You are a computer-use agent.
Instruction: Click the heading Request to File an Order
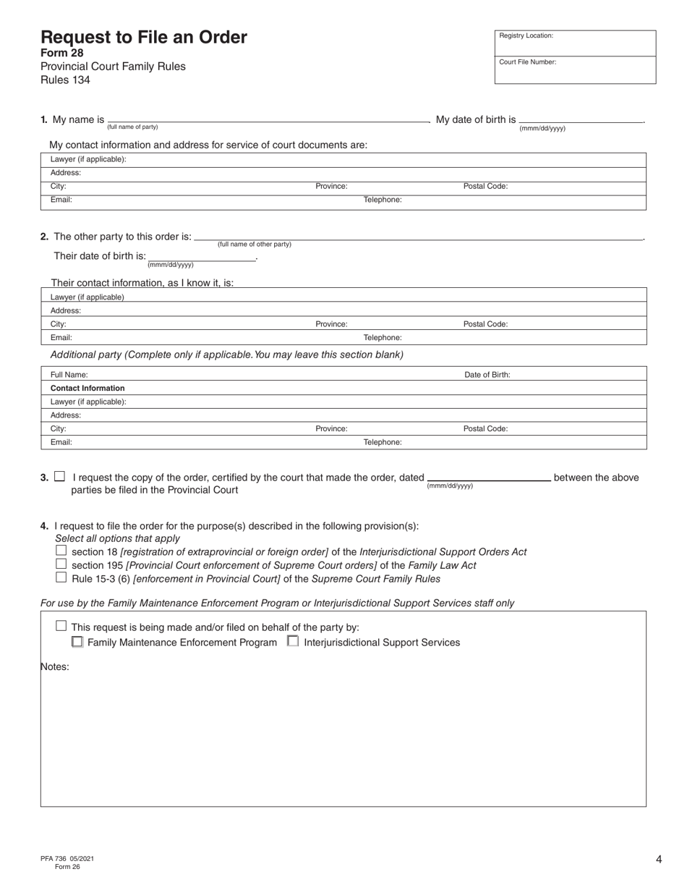click(x=144, y=38)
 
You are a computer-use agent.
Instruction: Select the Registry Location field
click(x=575, y=43)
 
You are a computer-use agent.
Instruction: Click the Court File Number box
click(x=575, y=69)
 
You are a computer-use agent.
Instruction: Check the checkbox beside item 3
click(x=60, y=476)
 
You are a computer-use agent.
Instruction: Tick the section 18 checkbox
click(x=61, y=551)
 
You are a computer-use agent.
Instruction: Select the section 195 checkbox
click(x=61, y=564)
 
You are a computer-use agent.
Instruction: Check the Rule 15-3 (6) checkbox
click(x=61, y=577)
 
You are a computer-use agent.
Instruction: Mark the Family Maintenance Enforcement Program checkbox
click(x=77, y=642)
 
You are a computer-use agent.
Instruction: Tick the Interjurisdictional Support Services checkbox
click(x=293, y=640)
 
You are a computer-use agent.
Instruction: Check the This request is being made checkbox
click(x=61, y=626)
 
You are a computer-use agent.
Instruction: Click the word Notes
click(x=55, y=666)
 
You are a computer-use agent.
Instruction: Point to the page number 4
click(x=659, y=860)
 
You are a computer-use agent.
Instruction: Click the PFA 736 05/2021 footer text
click(x=67, y=858)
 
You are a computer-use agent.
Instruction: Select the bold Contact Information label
click(x=88, y=388)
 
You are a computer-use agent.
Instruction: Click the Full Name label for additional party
click(x=69, y=375)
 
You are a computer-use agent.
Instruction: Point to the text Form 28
click(x=62, y=53)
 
